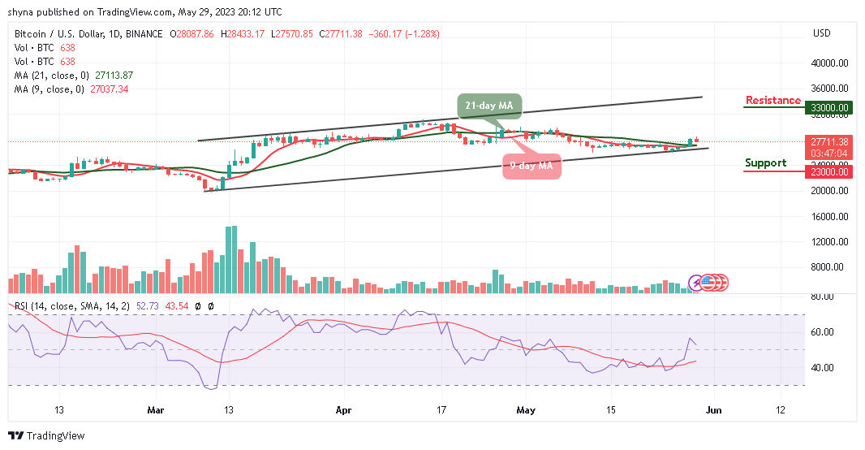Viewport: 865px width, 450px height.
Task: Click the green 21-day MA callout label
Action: tap(488, 105)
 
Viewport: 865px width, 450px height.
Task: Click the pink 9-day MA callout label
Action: tap(531, 166)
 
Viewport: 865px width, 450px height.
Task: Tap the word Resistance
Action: tap(772, 101)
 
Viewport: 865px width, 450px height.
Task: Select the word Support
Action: tap(765, 163)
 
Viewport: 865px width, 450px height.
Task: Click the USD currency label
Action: tap(821, 33)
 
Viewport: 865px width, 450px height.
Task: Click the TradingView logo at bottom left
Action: tap(46, 436)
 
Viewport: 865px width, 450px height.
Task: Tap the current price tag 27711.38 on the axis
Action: tap(828, 141)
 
